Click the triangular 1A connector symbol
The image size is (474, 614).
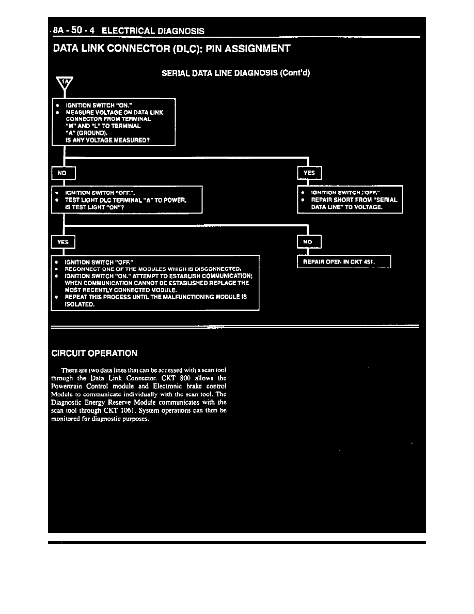pos(65,83)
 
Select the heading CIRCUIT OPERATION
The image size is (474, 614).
pos(94,354)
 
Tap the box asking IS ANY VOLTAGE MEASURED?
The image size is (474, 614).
pos(114,121)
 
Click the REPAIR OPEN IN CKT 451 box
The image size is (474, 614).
pos(344,262)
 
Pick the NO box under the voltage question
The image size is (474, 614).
pos(64,174)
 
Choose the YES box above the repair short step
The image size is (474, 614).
pos(309,173)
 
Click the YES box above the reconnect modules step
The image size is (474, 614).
pos(63,242)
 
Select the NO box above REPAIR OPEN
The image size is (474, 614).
pos(309,241)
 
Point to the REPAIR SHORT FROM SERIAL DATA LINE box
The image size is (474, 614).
pos(350,199)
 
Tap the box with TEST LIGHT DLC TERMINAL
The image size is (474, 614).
pos(127,199)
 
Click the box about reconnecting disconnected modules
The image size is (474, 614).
pos(155,283)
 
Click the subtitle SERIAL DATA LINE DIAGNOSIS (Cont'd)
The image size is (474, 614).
pos(235,73)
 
